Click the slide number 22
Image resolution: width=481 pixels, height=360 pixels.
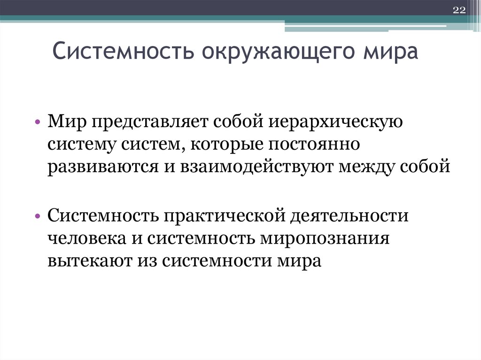click(x=458, y=11)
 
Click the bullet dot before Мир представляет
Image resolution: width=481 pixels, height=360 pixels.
click(x=38, y=123)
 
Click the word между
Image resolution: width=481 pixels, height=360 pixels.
click(x=362, y=167)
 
